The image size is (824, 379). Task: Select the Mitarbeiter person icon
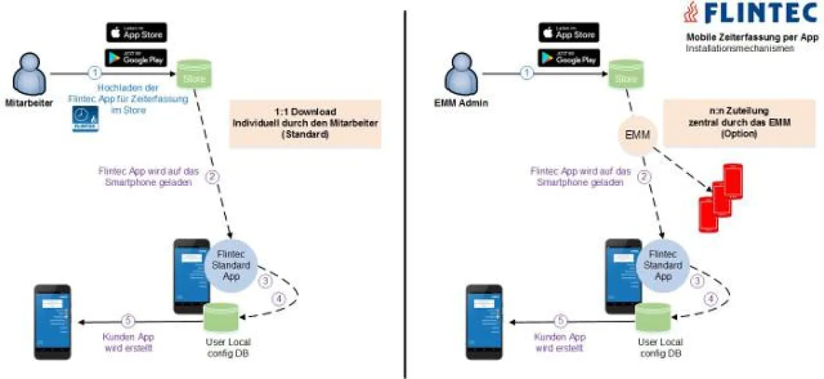[x=25, y=74]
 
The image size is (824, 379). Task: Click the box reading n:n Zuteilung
[x=733, y=123]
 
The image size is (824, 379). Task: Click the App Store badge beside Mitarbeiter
[x=136, y=32]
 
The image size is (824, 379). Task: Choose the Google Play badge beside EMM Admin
[x=568, y=58]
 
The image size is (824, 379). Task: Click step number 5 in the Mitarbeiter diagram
[x=126, y=320]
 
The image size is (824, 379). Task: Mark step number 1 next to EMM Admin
[x=527, y=72]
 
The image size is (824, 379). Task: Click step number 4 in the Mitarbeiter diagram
[x=278, y=299]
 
